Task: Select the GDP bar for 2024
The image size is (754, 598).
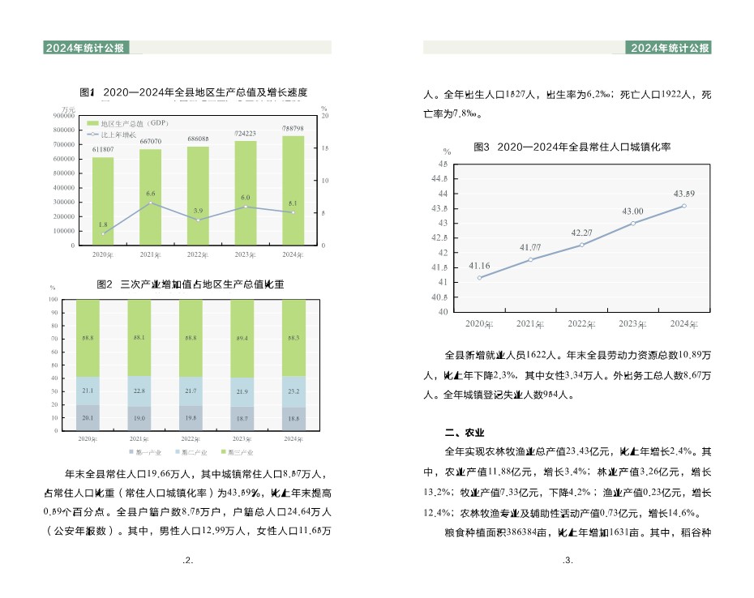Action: pyautogui.click(x=293, y=190)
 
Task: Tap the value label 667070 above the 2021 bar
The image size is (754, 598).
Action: pyautogui.click(x=150, y=142)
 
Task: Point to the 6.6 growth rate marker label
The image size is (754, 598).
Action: pyautogui.click(x=151, y=194)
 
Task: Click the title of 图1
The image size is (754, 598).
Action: pyautogui.click(x=194, y=92)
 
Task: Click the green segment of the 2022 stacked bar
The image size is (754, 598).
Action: pyautogui.click(x=191, y=338)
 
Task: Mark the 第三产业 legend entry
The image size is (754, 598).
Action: pyautogui.click(x=239, y=451)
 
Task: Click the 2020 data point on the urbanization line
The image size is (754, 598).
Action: pyautogui.click(x=480, y=278)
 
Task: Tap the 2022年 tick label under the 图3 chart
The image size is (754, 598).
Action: pyautogui.click(x=581, y=324)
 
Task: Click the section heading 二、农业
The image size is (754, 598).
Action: pyautogui.click(x=465, y=432)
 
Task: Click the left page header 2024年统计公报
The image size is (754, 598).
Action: pyautogui.click(x=85, y=48)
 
